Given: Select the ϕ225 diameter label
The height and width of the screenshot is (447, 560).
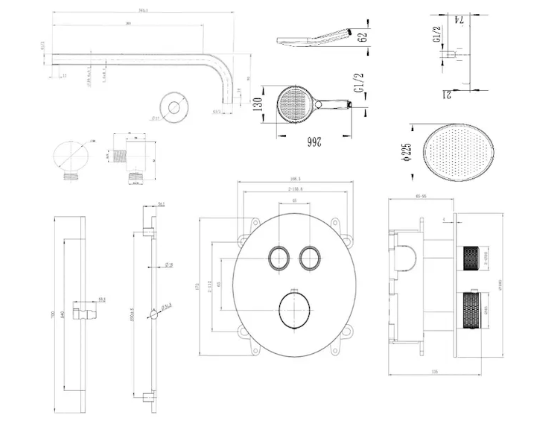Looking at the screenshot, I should (407, 151).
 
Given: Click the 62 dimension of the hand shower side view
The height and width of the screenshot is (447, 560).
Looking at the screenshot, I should (362, 37).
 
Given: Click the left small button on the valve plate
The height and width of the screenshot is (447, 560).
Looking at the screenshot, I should (280, 257).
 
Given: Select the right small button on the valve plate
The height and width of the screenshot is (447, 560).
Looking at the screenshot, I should (308, 257).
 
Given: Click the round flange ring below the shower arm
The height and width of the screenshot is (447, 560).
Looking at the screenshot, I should (176, 107).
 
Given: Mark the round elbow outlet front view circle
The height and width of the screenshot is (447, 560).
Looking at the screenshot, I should (71, 157).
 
